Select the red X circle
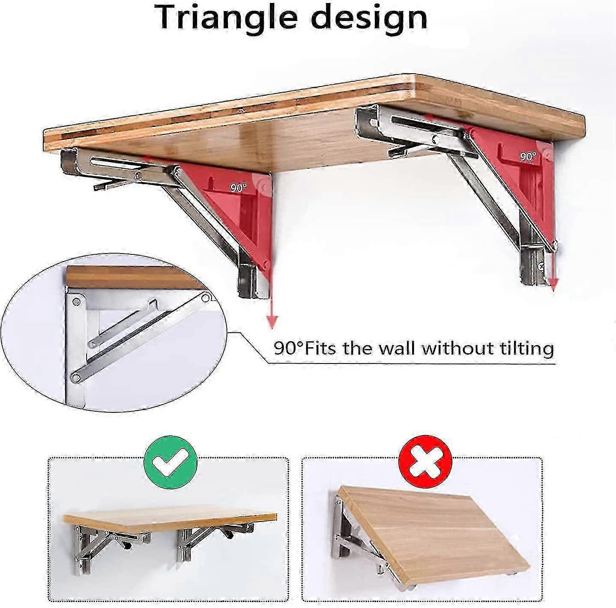(x=425, y=463)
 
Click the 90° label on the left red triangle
(x=238, y=188)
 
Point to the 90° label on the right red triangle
(x=528, y=157)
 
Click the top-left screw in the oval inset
(x=77, y=301)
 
